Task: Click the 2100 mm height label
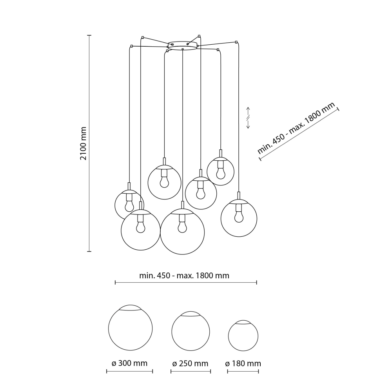[x=83, y=143]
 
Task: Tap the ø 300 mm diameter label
[x=129, y=363]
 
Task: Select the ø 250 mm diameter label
[x=190, y=363]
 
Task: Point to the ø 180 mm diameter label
[x=243, y=363]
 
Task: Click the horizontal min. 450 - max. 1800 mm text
[x=184, y=276]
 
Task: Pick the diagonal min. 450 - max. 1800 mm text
[x=296, y=128]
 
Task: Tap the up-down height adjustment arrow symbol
[x=248, y=118]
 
